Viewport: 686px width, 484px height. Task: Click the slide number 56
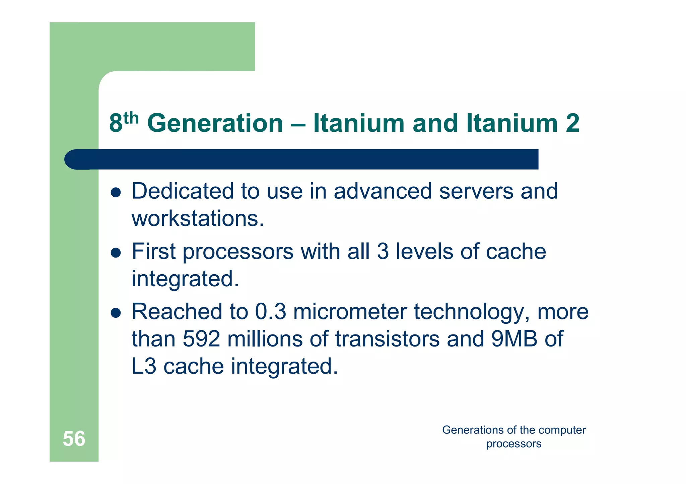(x=74, y=439)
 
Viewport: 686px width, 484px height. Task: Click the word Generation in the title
(x=215, y=123)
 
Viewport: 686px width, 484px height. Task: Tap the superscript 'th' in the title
(x=131, y=118)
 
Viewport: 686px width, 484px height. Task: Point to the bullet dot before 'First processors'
(x=116, y=253)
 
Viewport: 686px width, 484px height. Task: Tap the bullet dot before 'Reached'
(x=116, y=313)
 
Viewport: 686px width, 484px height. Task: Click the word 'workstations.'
(x=198, y=219)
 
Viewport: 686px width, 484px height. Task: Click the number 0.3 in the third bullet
(x=271, y=312)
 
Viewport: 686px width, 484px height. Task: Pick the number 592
(x=202, y=339)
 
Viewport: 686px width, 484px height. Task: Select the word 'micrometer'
(x=350, y=312)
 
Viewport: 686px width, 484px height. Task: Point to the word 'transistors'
(x=387, y=339)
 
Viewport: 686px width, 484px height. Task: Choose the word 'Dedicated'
(x=183, y=191)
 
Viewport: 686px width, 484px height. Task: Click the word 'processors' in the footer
(x=513, y=444)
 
